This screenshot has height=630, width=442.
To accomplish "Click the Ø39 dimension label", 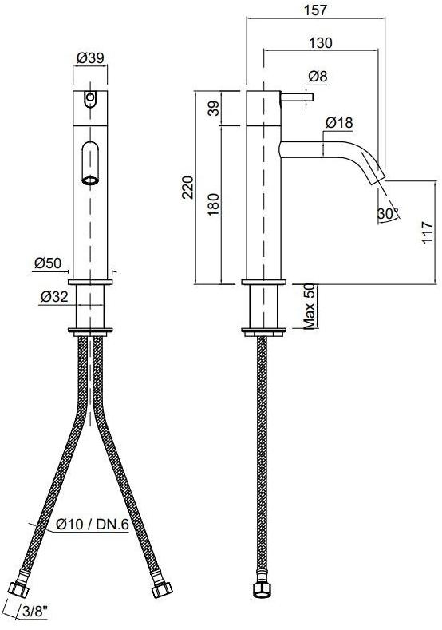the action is (90, 57).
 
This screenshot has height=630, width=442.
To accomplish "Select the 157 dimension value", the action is (316, 10).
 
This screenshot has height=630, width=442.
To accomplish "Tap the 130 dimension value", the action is (321, 42).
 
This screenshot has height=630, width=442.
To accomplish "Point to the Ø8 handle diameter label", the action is (318, 76).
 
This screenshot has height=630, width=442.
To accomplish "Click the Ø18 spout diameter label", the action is (339, 122).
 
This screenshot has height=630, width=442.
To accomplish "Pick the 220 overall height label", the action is (187, 187).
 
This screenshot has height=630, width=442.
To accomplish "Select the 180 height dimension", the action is (214, 204).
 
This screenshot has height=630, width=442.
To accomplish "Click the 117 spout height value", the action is (428, 232).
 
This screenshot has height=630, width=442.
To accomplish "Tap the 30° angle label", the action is (389, 213).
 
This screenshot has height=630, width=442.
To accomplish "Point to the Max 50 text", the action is (309, 307).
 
